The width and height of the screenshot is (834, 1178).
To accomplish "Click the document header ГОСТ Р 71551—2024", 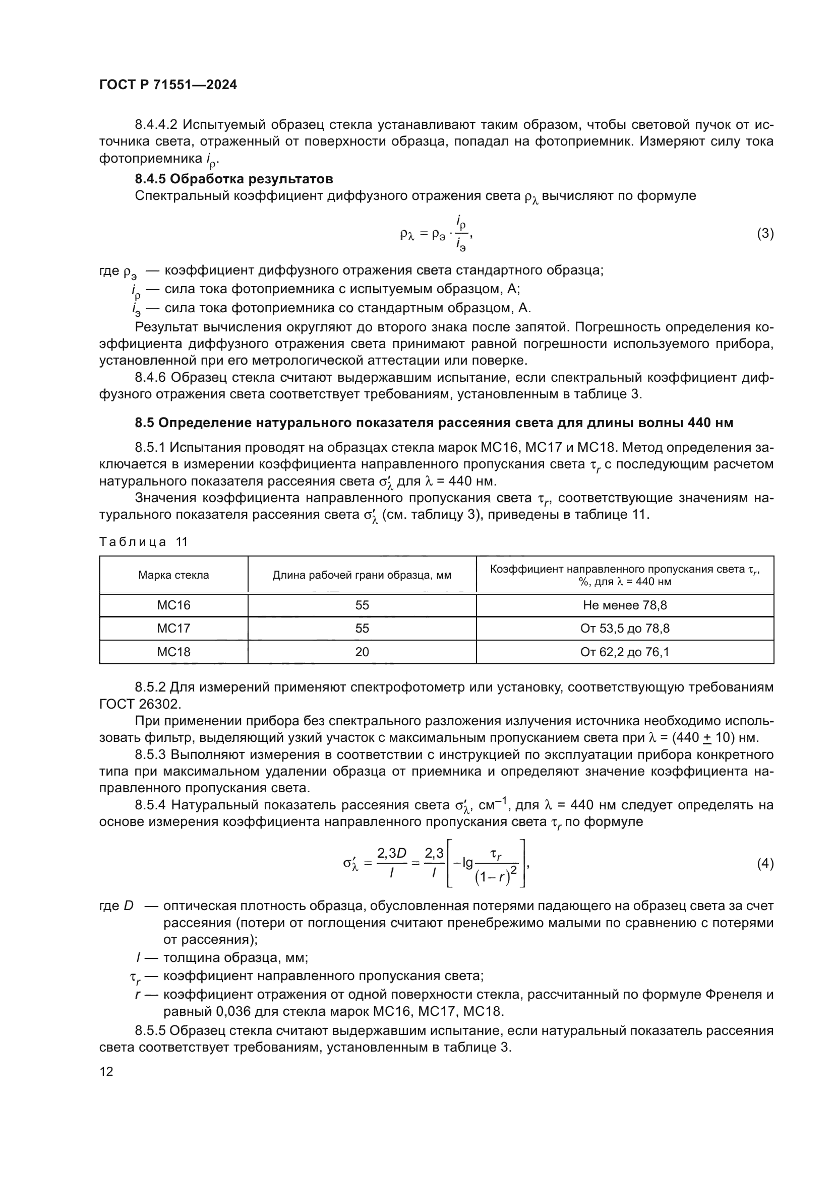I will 168,85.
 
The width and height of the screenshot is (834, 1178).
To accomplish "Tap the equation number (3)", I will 765,234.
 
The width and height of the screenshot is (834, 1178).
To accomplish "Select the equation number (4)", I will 765,864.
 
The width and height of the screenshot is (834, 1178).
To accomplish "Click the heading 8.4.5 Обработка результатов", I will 233,179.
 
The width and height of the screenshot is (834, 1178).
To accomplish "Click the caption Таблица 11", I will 143,542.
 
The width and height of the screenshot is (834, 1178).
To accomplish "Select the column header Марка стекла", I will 173,575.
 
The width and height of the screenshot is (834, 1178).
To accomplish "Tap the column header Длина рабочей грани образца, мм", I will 362,575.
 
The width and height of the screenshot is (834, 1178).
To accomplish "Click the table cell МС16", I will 173,605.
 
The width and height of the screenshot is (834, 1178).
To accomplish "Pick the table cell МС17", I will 173,629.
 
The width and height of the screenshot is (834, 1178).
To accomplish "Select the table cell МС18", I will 173,652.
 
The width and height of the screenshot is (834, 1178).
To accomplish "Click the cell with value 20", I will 362,652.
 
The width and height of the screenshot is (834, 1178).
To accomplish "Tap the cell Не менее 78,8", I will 624,605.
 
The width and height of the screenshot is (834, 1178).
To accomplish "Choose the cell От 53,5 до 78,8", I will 624,629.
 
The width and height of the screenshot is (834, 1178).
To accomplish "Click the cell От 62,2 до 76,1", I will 624,652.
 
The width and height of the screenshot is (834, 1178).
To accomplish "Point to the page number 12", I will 106,1072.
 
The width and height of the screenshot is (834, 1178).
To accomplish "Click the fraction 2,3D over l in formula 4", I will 391,864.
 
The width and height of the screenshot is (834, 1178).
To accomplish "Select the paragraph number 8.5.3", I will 151,755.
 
